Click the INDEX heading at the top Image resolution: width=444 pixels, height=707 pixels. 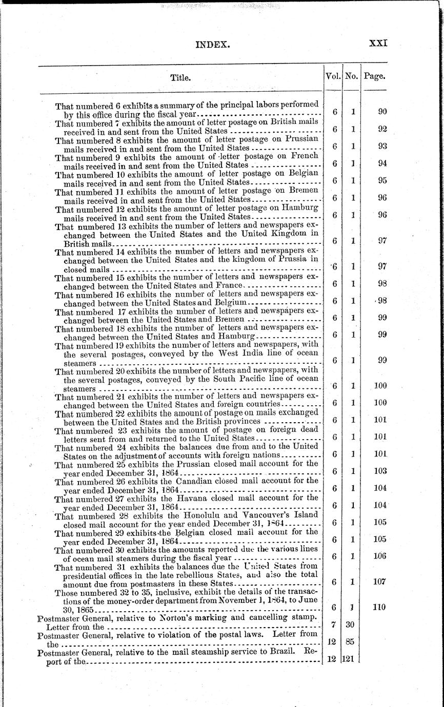coord(213,45)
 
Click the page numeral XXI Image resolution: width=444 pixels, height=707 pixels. coord(378,44)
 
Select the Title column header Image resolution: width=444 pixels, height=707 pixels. coord(180,78)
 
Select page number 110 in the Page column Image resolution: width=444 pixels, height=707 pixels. coord(379,607)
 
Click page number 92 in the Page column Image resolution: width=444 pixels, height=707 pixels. coord(382,129)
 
